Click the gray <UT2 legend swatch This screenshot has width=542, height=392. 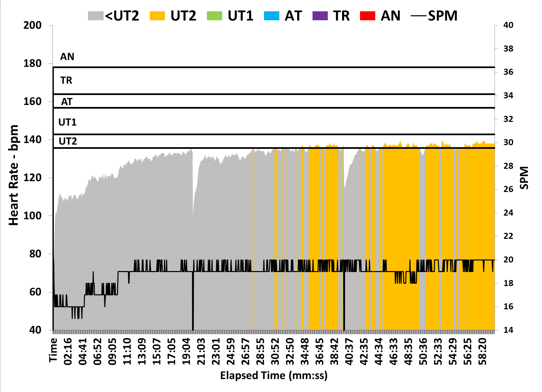[96, 16]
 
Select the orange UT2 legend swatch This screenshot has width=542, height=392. [157, 16]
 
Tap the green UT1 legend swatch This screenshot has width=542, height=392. [215, 16]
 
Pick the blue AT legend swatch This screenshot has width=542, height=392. [272, 16]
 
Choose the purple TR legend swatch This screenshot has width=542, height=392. [320, 16]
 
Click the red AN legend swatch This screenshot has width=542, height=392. [368, 16]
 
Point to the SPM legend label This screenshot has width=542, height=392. [442, 16]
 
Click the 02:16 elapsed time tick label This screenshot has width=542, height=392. [68, 351]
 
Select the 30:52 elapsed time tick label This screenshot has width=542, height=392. [275, 351]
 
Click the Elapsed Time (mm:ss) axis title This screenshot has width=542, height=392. [274, 376]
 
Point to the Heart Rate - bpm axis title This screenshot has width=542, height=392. [14, 175]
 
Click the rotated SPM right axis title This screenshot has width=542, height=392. [524, 178]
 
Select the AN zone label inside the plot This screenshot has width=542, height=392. [67, 57]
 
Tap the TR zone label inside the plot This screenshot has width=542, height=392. [66, 80]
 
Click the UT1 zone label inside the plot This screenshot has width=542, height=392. [67, 122]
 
